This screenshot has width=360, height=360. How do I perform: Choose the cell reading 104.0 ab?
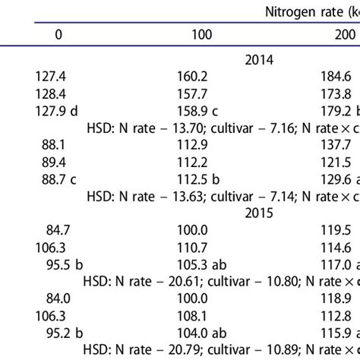[x=197, y=332]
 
